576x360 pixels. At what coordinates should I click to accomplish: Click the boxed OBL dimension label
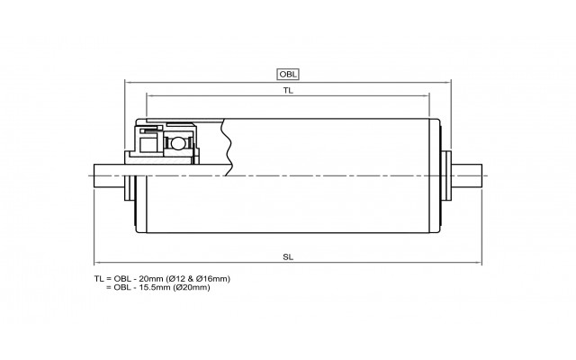288,74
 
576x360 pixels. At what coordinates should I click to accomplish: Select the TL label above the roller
288,90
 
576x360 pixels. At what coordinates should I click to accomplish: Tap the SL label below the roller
288,256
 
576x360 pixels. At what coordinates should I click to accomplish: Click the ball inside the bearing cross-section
177,143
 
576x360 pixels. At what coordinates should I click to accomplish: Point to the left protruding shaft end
109,175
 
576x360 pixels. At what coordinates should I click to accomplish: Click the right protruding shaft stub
466,175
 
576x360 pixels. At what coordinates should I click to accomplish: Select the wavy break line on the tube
226,148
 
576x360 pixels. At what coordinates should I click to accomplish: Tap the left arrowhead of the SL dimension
96,263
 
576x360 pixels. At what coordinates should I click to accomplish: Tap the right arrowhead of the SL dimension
479,263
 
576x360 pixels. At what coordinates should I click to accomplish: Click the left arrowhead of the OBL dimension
128,82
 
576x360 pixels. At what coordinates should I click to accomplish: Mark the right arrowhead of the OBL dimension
448,82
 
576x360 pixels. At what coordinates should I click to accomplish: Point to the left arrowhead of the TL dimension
149,96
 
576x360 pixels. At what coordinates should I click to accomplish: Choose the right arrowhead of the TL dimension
427,96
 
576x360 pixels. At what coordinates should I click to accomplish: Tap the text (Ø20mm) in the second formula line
193,287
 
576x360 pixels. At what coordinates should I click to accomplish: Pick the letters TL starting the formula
99,279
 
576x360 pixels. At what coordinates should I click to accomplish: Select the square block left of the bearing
148,145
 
